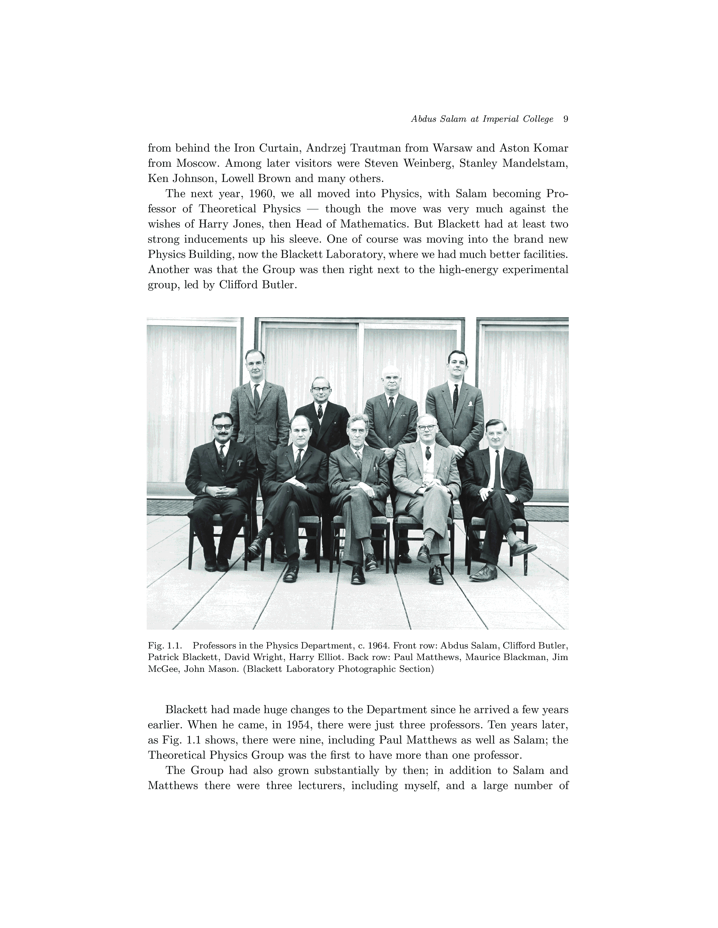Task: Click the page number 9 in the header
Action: pos(565,120)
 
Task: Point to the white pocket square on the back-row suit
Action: pos(471,403)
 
